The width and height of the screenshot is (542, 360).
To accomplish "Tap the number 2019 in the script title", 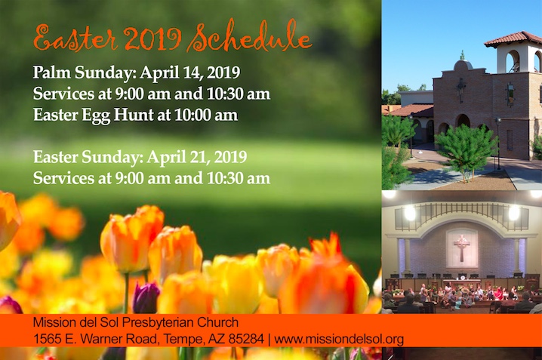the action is [152, 38].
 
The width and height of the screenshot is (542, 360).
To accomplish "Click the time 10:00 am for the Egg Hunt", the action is [206, 115].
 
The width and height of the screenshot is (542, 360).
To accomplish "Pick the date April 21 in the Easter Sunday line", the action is [178, 157].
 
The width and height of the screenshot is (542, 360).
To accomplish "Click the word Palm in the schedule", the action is [51, 72].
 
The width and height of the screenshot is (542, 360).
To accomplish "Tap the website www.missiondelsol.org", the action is [339, 339].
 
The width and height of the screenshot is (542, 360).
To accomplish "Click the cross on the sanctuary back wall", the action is [462, 248].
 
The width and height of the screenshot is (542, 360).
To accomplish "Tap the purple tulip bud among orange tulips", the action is [146, 298].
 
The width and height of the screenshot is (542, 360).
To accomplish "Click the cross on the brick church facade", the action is [460, 90].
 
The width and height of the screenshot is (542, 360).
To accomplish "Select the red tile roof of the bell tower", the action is [513, 38].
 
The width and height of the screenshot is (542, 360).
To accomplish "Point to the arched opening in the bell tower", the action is [513, 61].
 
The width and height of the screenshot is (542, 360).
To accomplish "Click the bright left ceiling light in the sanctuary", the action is [410, 213].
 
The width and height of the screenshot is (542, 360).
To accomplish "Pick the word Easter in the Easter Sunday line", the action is [55, 157].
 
